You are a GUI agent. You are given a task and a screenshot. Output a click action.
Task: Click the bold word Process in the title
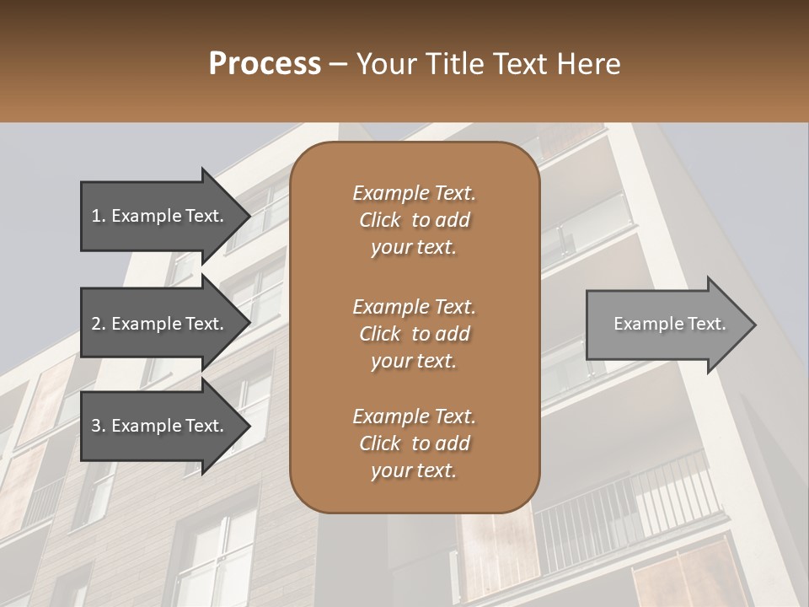[x=265, y=64]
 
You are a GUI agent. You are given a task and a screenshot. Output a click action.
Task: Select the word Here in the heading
[x=589, y=64]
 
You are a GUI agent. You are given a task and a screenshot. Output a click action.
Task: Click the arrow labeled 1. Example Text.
[x=160, y=216]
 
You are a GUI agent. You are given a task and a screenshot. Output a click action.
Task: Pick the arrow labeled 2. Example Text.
[x=160, y=324]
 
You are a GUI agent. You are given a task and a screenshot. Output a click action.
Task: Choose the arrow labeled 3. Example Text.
[x=160, y=426]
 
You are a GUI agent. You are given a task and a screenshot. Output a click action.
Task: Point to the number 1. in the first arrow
[x=99, y=216]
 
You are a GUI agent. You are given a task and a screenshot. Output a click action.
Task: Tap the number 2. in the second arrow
[x=99, y=324]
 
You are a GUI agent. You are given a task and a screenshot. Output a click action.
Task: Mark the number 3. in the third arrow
[x=99, y=426]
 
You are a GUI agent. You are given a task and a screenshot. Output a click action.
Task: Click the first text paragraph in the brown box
[x=414, y=220]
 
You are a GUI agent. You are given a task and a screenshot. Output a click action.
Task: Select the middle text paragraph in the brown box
[x=414, y=334]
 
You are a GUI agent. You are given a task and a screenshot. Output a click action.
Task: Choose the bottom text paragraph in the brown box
[x=414, y=443]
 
